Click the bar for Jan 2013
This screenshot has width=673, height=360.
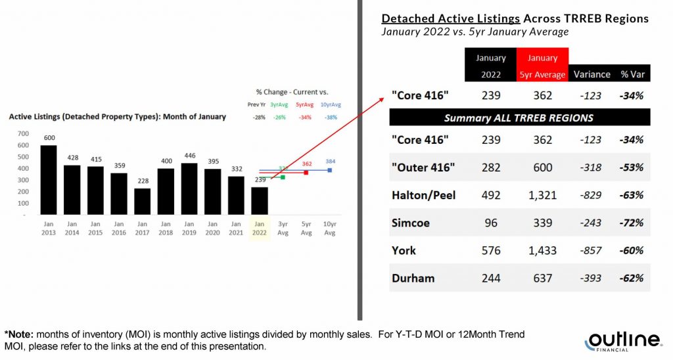[x=49, y=180]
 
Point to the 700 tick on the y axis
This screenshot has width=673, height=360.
[x=24, y=134]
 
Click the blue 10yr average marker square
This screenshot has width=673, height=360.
[x=329, y=170]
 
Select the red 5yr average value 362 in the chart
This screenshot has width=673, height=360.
[x=306, y=164]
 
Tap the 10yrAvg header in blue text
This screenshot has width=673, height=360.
[x=330, y=104]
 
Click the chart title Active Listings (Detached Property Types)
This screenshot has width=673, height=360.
[x=117, y=117]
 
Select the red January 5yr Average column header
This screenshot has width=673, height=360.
[x=542, y=66]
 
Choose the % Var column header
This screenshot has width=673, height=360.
[x=631, y=74]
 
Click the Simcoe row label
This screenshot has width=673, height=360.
[x=411, y=223]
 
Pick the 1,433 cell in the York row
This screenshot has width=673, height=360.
[x=542, y=250]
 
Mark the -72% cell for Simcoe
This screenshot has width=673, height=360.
[x=631, y=223]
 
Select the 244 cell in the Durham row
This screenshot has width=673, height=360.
[x=490, y=278]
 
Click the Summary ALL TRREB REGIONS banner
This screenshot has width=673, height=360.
[x=519, y=118]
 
